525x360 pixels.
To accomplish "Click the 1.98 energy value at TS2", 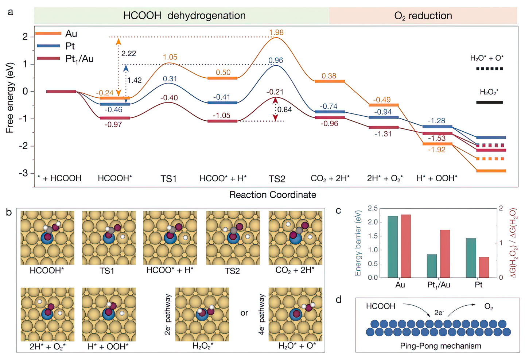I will [x=276, y=32].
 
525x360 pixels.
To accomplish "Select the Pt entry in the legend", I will [x=70, y=46].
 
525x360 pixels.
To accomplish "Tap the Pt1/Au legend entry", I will [x=79, y=58].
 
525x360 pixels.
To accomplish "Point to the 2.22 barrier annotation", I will [x=128, y=54].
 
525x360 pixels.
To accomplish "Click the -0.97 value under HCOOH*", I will [x=113, y=124].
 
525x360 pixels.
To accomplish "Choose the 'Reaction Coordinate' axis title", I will [x=272, y=195].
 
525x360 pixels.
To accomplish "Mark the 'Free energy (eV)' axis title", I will [x=10, y=98].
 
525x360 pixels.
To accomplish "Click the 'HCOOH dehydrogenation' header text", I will [x=184, y=16].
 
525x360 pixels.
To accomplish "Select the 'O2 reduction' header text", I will [x=423, y=16].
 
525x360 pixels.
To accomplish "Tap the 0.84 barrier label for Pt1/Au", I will [x=284, y=110].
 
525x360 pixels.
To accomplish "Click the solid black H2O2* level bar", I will [x=489, y=102].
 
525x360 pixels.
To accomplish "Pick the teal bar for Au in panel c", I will [x=393, y=247].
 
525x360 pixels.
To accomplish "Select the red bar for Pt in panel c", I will [x=484, y=267].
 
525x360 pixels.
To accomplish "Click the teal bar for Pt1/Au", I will [x=432, y=266].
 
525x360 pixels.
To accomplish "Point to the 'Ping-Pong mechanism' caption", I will [x=440, y=346].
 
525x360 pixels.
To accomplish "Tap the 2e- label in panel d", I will [x=439, y=313].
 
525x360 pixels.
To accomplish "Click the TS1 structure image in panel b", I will [x=109, y=238].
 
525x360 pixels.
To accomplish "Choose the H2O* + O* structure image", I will [x=295, y=314].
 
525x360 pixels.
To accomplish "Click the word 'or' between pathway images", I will [x=244, y=313].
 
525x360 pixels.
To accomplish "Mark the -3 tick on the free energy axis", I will [x=24, y=173].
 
